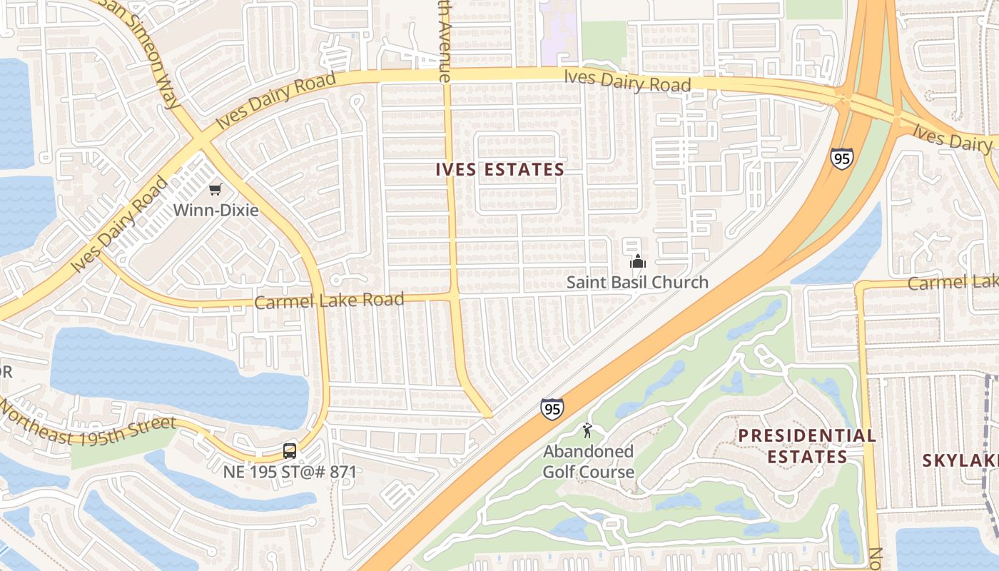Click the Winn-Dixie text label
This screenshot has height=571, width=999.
[x=217, y=210]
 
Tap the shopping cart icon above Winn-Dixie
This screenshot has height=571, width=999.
[x=215, y=189]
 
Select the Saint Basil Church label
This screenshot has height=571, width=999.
[x=637, y=282]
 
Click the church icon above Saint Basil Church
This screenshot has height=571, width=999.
[x=638, y=261]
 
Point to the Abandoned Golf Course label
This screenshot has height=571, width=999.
[x=589, y=461]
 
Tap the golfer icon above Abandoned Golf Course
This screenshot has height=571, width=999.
[x=587, y=430]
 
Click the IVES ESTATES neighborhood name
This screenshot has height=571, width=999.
[x=499, y=170]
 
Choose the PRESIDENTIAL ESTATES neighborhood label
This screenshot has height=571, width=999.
[x=807, y=446]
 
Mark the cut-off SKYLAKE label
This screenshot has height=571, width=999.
[x=960, y=460]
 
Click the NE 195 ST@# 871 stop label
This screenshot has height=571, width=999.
[x=290, y=472]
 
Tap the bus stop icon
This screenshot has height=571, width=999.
[x=289, y=451]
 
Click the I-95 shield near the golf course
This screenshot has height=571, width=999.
[x=552, y=409]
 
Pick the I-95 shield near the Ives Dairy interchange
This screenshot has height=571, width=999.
[x=842, y=158]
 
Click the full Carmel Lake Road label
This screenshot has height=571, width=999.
[x=329, y=300]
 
